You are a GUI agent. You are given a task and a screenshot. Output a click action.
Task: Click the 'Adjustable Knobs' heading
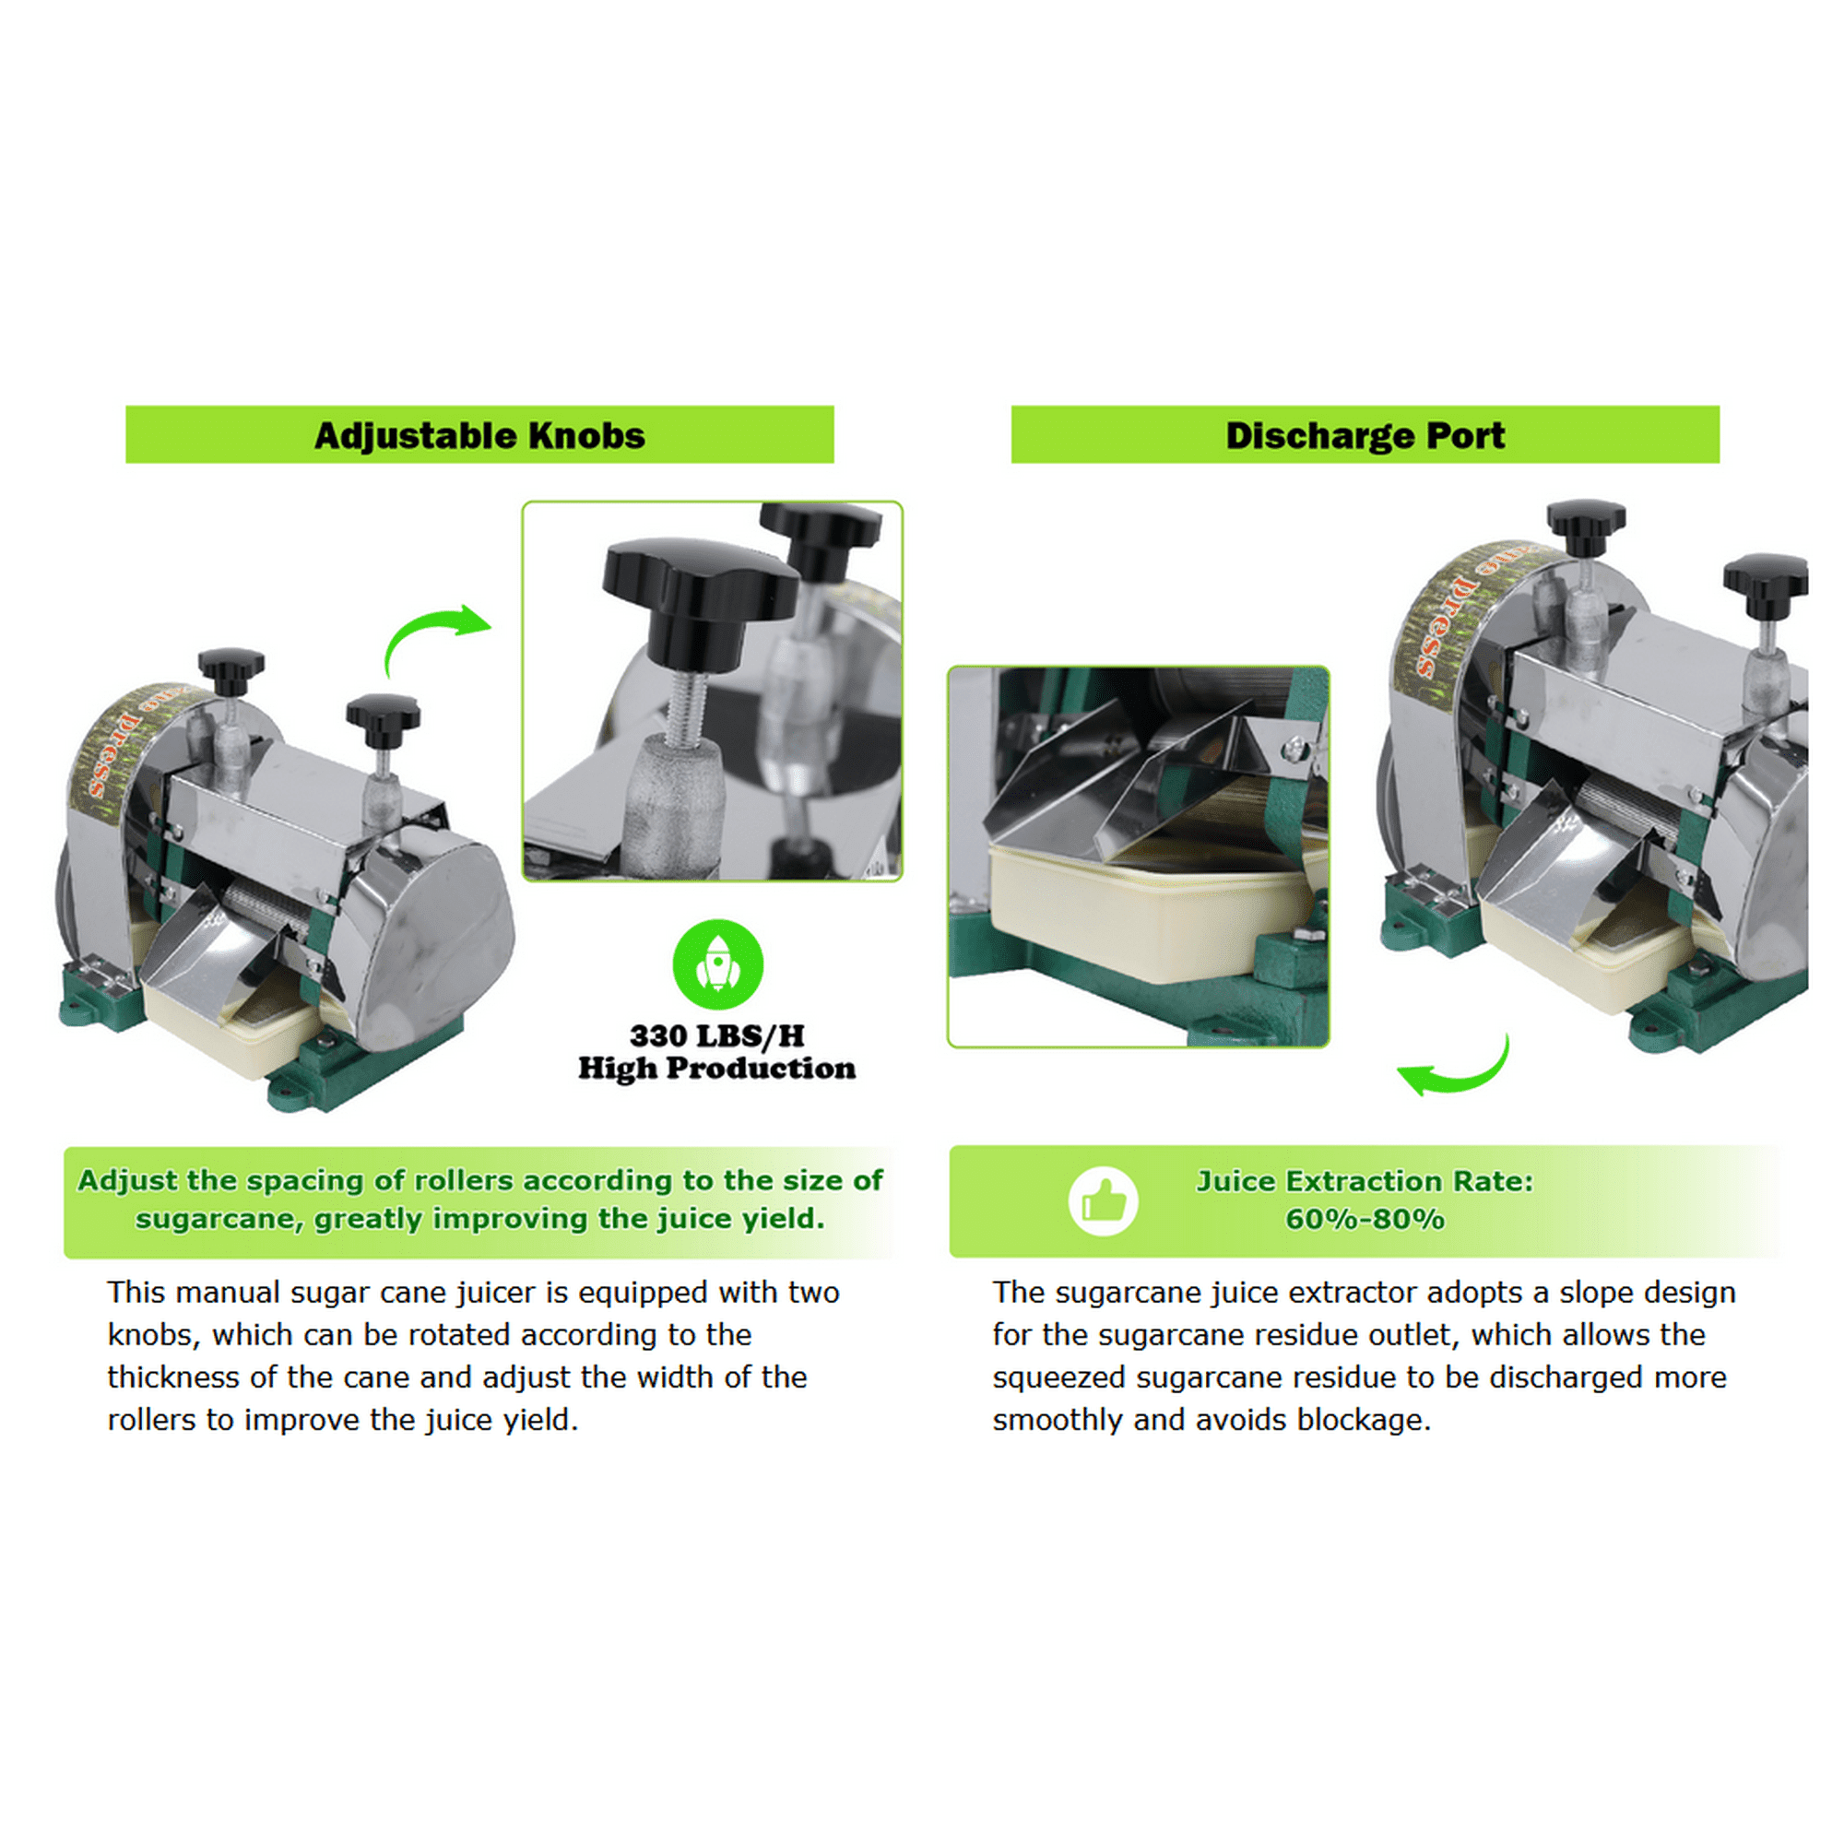click(479, 436)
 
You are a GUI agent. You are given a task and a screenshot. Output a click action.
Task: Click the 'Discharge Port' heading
click(1365, 436)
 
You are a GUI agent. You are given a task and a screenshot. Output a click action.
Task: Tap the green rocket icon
click(717, 964)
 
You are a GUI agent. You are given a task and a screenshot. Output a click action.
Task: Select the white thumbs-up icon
click(1104, 1200)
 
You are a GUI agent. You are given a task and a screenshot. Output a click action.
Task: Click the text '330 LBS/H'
click(716, 1035)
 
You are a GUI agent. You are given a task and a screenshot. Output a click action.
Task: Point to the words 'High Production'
click(716, 1068)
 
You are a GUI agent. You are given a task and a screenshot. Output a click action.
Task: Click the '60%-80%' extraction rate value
click(1365, 1220)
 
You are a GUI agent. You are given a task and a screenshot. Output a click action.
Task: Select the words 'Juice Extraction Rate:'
click(1365, 1181)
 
